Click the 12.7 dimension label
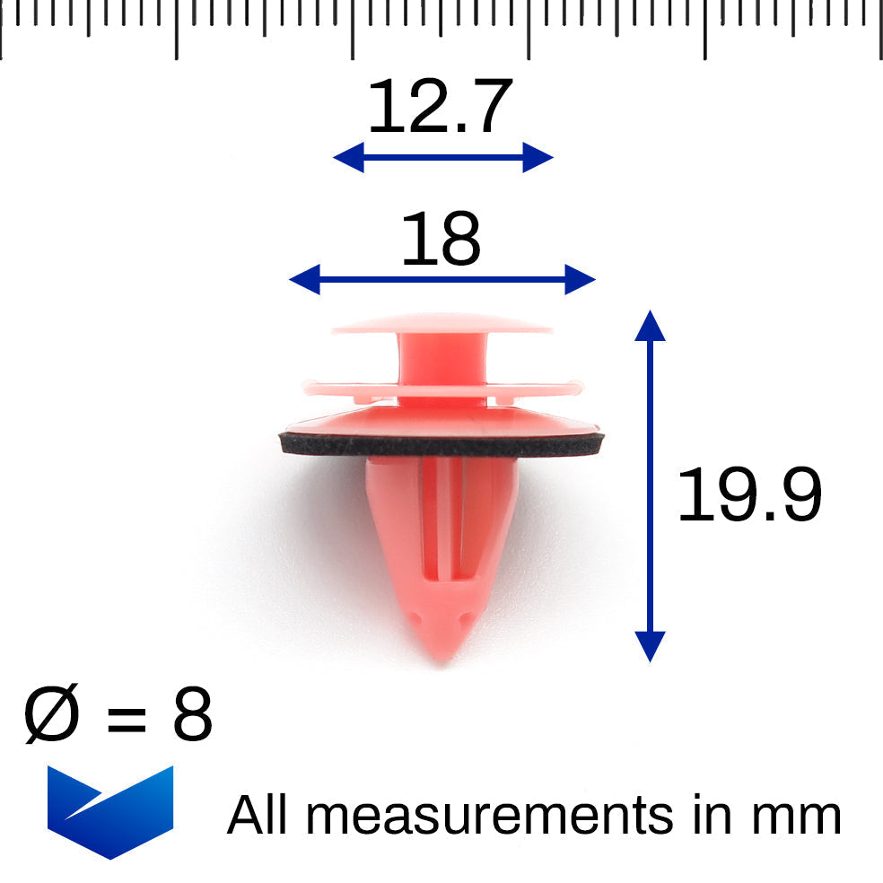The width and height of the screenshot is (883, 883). click(x=441, y=106)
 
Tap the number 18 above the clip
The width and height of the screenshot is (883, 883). click(x=441, y=238)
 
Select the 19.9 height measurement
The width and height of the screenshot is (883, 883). click(x=749, y=494)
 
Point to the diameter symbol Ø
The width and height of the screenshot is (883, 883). click(x=51, y=713)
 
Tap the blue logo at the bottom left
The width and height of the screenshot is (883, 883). click(x=110, y=811)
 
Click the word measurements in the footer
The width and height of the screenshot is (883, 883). click(x=489, y=816)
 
